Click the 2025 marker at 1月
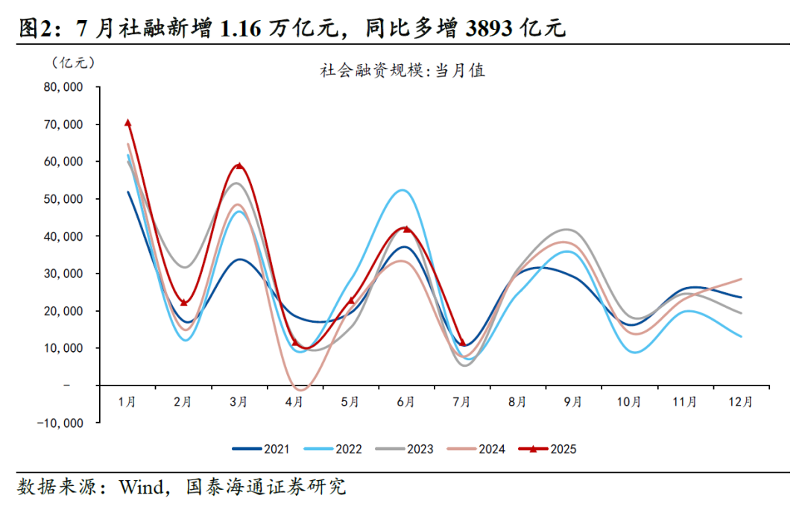point(127,123)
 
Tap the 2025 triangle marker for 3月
point(239,166)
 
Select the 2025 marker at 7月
point(462,343)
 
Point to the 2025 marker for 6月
point(406,229)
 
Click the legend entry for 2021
point(261,449)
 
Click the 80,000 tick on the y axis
point(63,87)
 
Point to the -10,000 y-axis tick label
point(60,423)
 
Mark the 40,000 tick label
point(63,236)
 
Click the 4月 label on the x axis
point(294,402)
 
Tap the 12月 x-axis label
point(740,402)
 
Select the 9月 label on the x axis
point(573,402)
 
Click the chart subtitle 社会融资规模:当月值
point(402,71)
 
